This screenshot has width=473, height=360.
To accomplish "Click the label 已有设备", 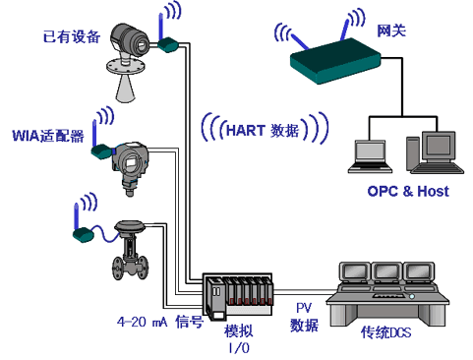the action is (72, 36).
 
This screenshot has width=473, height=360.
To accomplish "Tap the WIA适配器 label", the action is (48, 136).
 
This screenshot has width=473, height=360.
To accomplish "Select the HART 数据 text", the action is (263, 130).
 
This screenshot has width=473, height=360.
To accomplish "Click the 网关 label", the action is (391, 30).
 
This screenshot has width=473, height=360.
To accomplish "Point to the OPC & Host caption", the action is (408, 191).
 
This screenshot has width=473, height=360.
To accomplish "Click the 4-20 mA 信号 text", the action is (160, 322).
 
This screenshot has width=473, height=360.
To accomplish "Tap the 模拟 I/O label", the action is (239, 339).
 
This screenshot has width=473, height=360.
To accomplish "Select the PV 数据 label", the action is (304, 318).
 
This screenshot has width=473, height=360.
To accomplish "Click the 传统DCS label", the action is (385, 332).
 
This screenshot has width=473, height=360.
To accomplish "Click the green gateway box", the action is (335, 61).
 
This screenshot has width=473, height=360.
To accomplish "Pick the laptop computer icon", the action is (370, 156).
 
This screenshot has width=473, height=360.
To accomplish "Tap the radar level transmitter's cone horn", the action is (125, 88).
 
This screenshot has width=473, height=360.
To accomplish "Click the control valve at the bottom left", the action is (130, 250).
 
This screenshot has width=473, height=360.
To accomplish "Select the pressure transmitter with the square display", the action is (131, 168).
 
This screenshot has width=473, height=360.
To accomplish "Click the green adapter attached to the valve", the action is (84, 234).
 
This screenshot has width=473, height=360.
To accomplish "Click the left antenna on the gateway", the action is (299, 41).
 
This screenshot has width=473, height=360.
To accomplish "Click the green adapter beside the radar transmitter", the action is (168, 44).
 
